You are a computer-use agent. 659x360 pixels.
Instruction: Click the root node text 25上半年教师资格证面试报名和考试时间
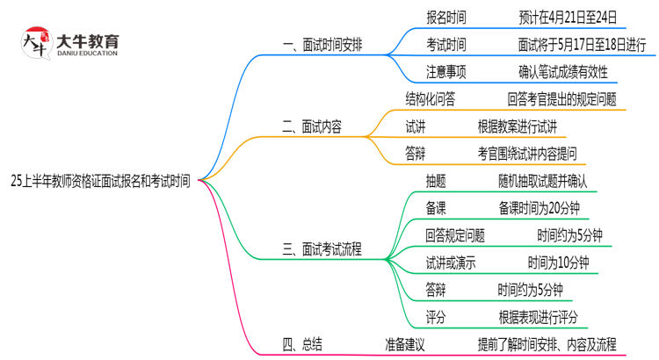coord(100,180)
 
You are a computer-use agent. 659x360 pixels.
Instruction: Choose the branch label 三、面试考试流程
coord(322,248)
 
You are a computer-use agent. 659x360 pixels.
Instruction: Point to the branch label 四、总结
coord(301,343)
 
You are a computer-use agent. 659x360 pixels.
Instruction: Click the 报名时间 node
coord(446,17)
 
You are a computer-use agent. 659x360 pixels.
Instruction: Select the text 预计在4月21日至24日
coord(568,17)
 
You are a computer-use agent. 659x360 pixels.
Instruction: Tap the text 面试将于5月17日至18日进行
coord(582,44)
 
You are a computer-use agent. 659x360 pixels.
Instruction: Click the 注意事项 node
coord(446,72)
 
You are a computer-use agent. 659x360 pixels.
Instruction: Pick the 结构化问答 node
coord(430,99)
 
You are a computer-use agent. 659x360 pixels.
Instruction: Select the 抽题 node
coord(435,181)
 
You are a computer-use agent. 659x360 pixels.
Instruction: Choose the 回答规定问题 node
coord(454,235)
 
